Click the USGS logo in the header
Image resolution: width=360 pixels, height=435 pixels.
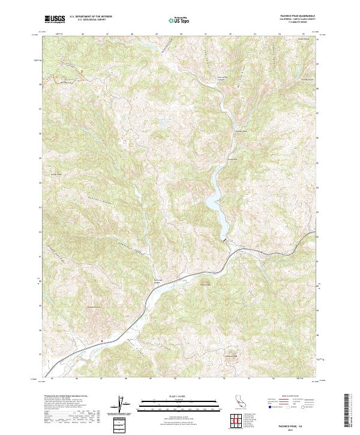[55, 19]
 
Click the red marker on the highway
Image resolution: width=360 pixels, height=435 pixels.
[102, 341]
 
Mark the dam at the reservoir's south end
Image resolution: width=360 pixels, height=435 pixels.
[226, 239]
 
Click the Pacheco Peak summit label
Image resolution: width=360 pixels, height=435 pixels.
[232, 356]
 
